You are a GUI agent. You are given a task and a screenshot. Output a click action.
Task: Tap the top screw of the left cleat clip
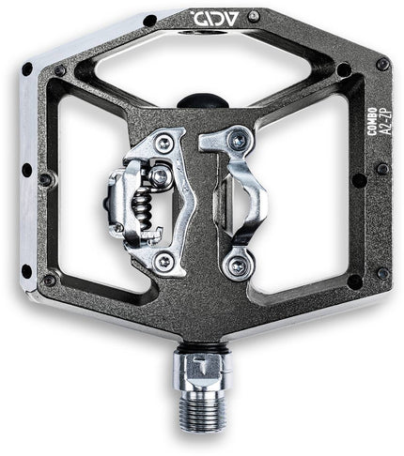point(164,143)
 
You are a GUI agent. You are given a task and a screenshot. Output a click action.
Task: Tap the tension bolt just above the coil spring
point(161,175)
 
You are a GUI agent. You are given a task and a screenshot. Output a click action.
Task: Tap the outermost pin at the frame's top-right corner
point(382,64)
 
